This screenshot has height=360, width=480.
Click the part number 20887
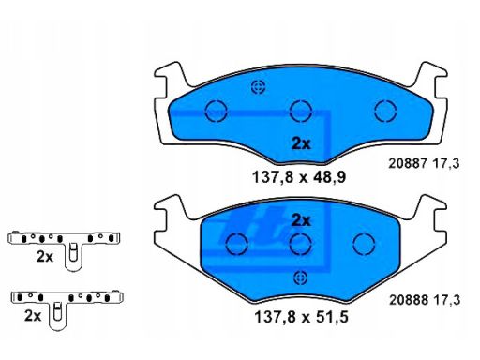pos(408,163)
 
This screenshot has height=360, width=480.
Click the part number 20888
pos(409,300)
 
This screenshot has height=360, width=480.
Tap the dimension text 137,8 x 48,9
pos(299,177)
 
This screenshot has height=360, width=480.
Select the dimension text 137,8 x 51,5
pos(301,317)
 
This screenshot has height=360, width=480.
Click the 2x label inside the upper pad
pos(301,143)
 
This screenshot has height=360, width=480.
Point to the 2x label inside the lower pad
pos(301,220)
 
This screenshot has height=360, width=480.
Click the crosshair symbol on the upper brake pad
pos(259,87)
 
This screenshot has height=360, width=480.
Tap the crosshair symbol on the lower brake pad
pos(300,277)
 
